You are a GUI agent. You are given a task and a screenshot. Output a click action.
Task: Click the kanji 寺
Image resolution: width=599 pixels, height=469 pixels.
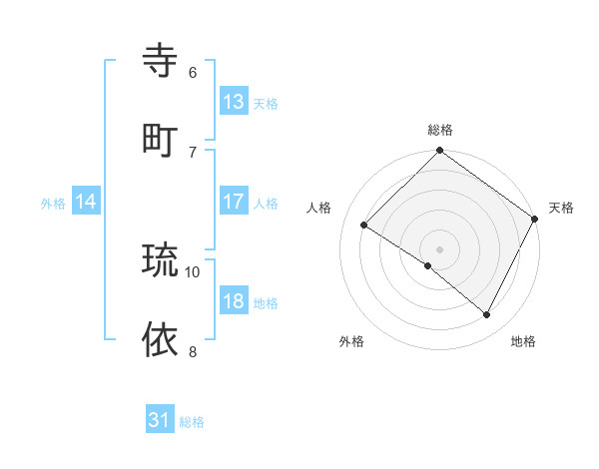[161, 61]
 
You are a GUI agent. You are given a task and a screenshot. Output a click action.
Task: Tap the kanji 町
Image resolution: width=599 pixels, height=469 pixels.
[161, 140]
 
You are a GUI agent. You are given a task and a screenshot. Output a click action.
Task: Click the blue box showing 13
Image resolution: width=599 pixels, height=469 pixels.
[234, 101]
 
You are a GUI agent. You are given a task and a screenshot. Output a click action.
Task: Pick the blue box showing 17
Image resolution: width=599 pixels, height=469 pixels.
[234, 202]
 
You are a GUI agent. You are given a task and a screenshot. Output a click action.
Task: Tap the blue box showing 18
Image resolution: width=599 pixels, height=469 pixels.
[234, 301]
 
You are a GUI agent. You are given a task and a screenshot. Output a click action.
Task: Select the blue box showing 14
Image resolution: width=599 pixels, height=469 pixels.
[86, 202]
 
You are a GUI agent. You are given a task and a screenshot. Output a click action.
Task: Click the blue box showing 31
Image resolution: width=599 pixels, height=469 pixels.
[160, 420]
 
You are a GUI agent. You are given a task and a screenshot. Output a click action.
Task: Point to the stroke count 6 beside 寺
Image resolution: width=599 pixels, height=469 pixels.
[193, 72]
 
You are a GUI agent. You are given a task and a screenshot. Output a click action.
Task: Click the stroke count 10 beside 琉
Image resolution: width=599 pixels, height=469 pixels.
[193, 271]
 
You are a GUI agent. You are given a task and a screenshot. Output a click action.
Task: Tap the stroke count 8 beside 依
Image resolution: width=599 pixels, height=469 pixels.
[193, 351]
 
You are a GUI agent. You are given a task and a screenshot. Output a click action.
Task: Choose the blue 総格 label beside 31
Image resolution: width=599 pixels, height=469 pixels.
[192, 422]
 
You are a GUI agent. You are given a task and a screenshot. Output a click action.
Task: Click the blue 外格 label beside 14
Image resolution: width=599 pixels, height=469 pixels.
[53, 203]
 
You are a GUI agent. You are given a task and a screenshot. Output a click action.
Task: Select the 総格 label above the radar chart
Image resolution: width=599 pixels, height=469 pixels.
[440, 130]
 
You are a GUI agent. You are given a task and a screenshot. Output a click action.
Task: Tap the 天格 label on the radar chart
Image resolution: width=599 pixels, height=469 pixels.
[561, 208]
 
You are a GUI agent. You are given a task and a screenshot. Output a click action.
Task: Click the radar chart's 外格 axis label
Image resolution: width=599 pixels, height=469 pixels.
[351, 341]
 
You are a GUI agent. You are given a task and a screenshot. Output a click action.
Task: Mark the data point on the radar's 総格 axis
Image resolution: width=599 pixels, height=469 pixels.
[440, 152]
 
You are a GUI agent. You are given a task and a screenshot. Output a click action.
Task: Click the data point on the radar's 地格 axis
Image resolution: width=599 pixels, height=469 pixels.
[487, 314]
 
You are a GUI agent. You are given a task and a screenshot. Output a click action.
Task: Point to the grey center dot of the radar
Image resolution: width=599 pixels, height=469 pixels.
[440, 248]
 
